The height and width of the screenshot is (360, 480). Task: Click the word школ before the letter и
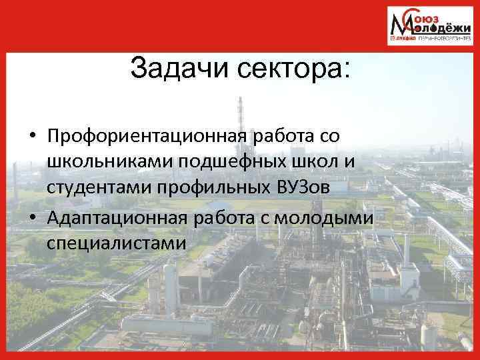(x=301, y=161)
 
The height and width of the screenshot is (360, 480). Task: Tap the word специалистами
(x=116, y=243)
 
